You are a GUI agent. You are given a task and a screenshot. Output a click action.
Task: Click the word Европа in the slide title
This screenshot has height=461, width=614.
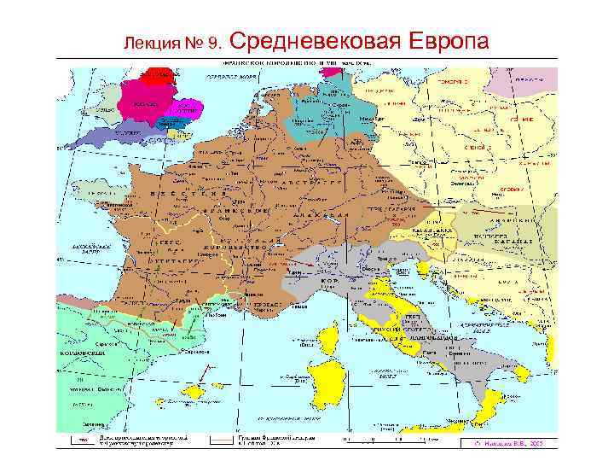(x=449, y=41)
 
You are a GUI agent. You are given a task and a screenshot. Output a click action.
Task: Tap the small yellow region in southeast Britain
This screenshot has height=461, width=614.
(x=178, y=132)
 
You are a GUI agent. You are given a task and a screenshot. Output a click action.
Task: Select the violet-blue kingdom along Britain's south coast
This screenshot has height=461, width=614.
(x=128, y=133)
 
